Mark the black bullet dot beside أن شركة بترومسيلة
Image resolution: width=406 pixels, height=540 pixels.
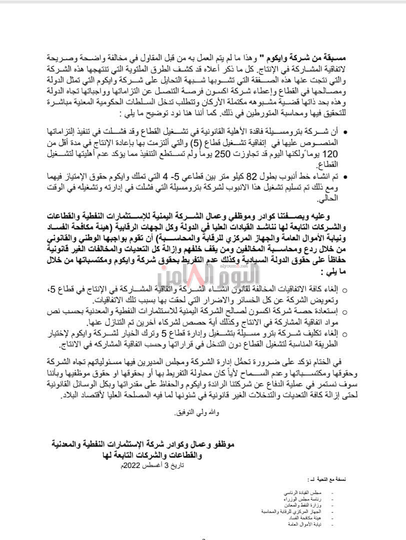click(347, 131)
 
